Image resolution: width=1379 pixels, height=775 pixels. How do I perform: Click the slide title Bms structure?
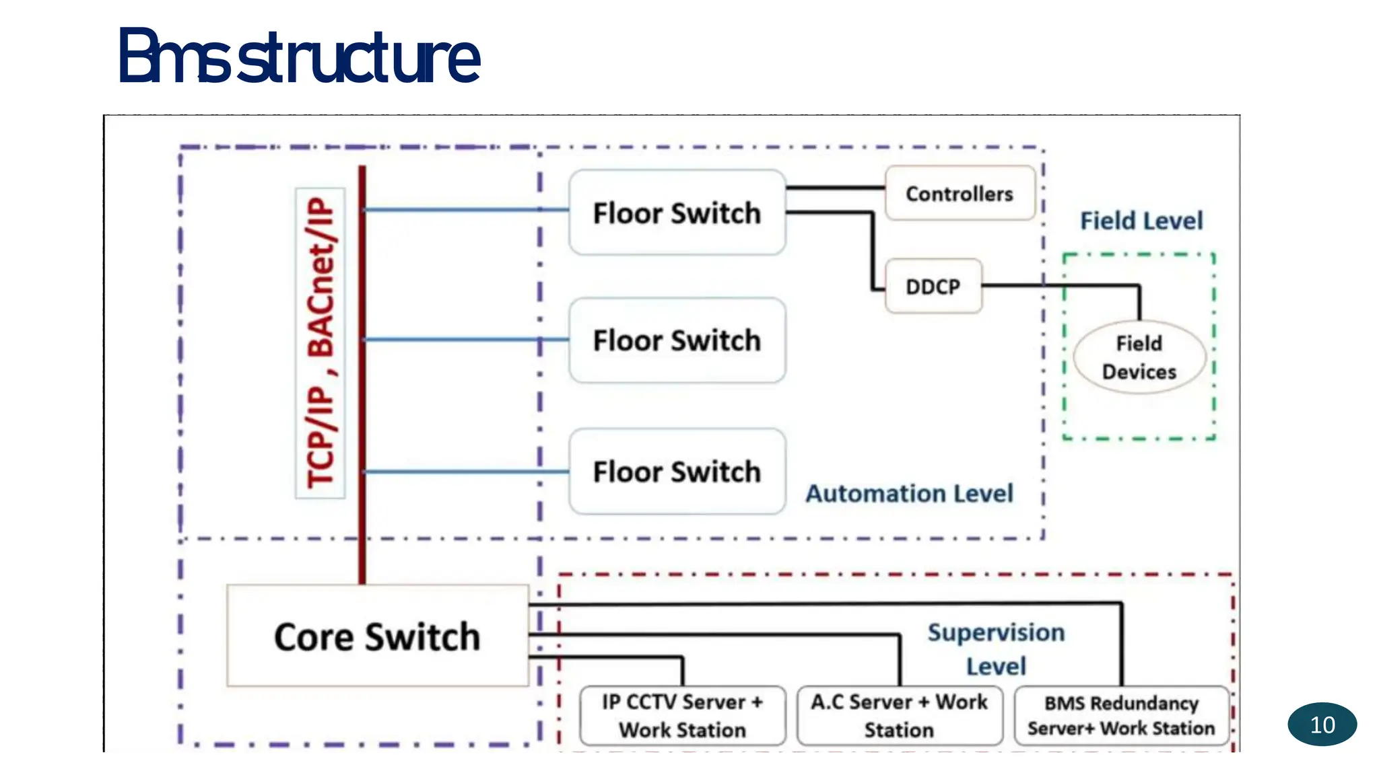[299, 57]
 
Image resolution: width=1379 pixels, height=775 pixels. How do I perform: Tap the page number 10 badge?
[1322, 725]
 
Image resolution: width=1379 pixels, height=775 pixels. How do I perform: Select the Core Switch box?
[377, 636]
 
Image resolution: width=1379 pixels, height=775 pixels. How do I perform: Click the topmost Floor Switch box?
[677, 213]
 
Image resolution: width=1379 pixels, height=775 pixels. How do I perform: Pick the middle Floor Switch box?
[677, 340]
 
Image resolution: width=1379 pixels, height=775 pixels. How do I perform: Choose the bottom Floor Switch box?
[677, 472]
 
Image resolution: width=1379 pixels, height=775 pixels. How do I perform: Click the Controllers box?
[959, 194]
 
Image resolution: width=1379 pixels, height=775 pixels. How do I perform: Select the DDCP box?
[933, 287]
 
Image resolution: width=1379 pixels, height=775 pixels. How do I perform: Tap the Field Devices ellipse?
[1139, 357]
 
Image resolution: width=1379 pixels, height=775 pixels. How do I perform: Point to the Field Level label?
[1141, 221]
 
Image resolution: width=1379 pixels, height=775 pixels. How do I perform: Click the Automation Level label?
[909, 494]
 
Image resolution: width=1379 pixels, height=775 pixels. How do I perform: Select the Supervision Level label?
[996, 649]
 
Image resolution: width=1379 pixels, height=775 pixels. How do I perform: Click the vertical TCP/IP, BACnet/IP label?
[321, 342]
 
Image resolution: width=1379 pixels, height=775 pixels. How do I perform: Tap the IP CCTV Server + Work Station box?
[682, 716]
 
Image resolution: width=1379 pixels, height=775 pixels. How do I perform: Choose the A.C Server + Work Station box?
[899, 716]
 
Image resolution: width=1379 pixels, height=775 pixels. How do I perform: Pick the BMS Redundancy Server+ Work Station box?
[1121, 716]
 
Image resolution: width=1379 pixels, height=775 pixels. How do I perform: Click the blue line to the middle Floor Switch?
[465, 340]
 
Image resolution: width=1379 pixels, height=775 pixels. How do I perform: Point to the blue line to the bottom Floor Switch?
[465, 472]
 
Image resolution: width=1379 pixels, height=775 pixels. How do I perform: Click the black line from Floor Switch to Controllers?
[835, 188]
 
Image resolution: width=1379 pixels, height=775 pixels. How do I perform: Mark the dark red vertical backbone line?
[362, 404]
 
